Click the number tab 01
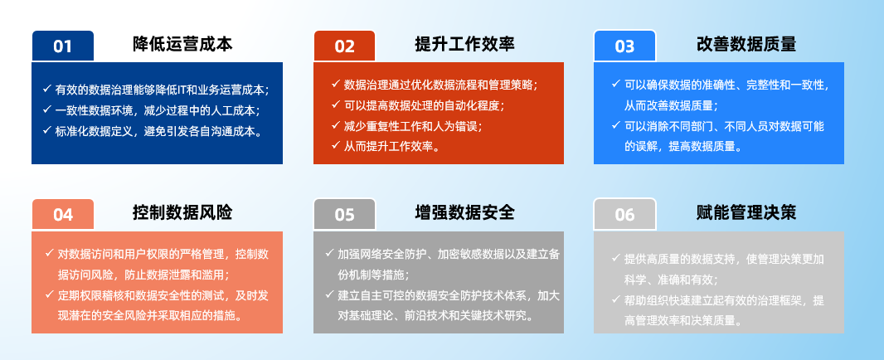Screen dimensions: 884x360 (x=62, y=46)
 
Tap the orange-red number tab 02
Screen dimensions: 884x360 (x=344, y=46)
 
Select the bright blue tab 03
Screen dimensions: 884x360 (x=624, y=46)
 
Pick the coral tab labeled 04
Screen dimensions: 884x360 (x=62, y=214)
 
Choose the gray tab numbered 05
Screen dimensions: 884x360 (x=344, y=214)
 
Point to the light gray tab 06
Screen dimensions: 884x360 (x=624, y=214)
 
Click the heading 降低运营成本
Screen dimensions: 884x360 (x=182, y=44)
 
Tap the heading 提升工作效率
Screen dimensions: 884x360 (x=464, y=44)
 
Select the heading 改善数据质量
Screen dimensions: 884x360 (x=746, y=44)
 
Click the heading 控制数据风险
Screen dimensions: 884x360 (x=182, y=212)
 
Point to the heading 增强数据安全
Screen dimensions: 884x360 (x=464, y=212)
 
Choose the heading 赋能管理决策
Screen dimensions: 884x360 (x=746, y=212)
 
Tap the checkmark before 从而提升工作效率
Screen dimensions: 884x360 (x=336, y=146)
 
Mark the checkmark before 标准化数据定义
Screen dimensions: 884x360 (x=46, y=130)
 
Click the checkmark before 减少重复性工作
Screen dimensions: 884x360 (x=336, y=125)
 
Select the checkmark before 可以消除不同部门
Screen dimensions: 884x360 (x=615, y=125)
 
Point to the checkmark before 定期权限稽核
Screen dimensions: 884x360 (x=49, y=294)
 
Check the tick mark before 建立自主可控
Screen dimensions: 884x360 (x=329, y=294)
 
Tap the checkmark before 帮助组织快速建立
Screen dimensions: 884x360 (x=615, y=299)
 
